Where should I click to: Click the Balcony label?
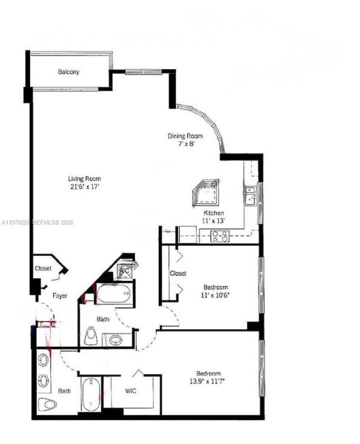coord(68,72)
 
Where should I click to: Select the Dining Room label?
coord(185,136)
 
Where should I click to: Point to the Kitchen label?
coord(214,213)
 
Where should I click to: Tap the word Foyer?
coord(60,296)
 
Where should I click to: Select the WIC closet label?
coord(130,390)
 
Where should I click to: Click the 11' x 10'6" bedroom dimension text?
coord(216,295)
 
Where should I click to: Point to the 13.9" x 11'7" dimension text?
coord(208,381)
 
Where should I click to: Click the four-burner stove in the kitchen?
coord(220,236)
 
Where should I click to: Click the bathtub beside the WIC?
coord(91,394)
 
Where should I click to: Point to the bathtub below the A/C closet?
coord(114,294)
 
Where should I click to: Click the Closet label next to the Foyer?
coord(43,269)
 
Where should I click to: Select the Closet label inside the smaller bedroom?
coord(178,273)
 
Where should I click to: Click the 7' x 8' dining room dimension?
coord(185,144)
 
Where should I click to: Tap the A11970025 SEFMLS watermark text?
coord(37,222)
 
